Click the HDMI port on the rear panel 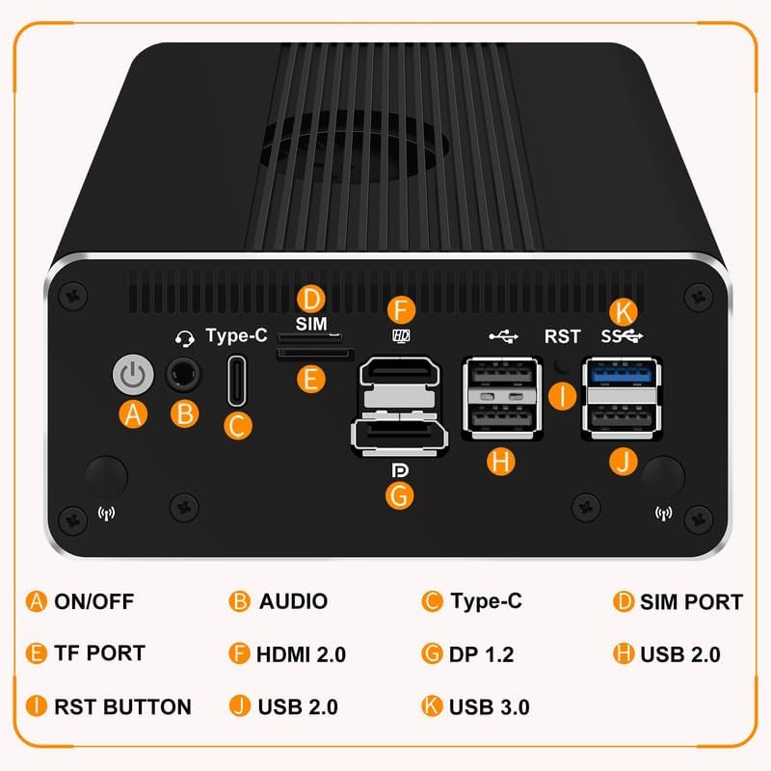point(399,372)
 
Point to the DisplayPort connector point(399,436)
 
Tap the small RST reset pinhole point(562,365)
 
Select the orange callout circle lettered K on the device point(625,311)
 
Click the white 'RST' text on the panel point(563,336)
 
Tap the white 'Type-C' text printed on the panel point(236,336)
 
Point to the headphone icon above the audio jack point(183,337)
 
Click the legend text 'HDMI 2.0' point(301,654)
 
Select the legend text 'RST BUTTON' point(121,706)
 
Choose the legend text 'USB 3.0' point(489,706)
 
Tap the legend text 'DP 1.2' point(481,654)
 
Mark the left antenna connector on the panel point(106,477)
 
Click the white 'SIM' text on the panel point(311,323)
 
